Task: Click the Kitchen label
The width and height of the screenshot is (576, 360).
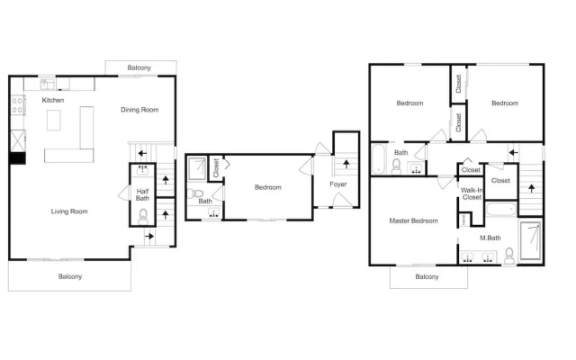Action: click(x=53, y=100)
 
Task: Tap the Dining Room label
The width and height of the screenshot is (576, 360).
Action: click(x=139, y=110)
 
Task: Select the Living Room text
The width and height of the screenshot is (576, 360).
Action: click(x=69, y=211)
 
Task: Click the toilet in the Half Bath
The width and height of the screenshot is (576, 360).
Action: click(x=143, y=217)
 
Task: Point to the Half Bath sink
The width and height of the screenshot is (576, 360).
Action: click(x=142, y=170)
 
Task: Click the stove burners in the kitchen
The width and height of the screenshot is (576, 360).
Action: click(x=17, y=104)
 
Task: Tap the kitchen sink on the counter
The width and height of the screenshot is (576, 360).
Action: click(x=48, y=84)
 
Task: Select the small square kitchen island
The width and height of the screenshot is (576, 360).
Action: click(x=54, y=120)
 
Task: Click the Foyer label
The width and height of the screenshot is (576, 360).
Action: click(x=338, y=184)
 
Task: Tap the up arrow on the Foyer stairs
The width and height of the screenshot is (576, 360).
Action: click(x=346, y=164)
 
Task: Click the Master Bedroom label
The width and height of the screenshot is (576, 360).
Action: click(x=414, y=220)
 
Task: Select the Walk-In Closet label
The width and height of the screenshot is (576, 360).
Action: click(x=472, y=193)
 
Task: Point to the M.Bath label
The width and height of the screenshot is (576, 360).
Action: click(x=490, y=238)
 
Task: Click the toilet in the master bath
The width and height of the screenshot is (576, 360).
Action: click(x=509, y=256)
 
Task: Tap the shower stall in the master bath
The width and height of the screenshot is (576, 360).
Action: click(x=531, y=240)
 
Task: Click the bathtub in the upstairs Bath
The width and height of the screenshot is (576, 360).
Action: click(x=378, y=158)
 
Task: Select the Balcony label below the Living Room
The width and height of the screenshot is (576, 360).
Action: click(x=70, y=276)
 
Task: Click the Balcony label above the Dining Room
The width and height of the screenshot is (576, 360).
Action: click(x=139, y=67)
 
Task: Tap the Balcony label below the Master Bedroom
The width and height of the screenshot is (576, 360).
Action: click(x=427, y=276)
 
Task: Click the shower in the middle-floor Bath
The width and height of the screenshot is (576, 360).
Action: click(x=197, y=168)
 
